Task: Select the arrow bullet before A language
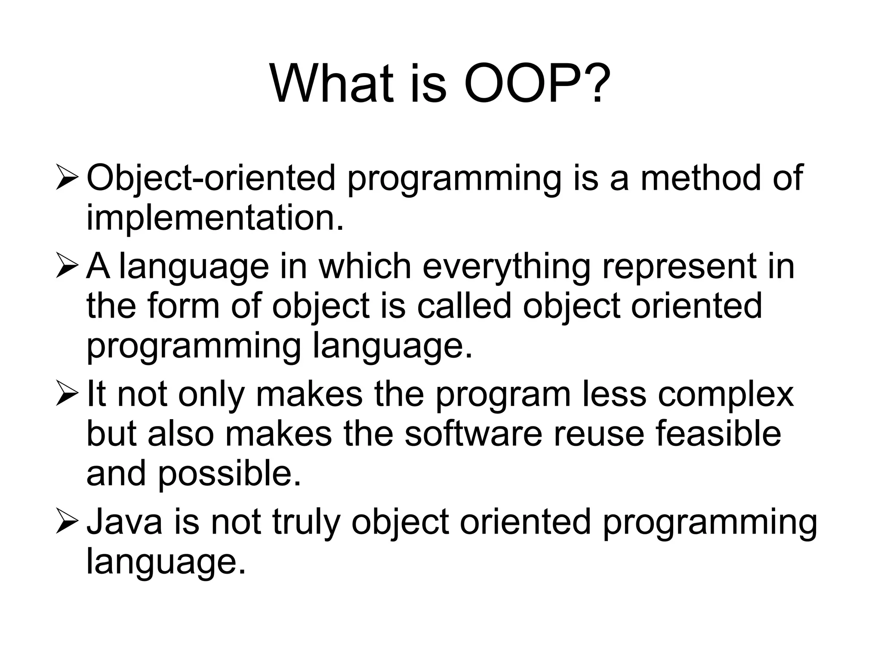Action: [x=67, y=267]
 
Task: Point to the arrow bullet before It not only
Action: [x=67, y=395]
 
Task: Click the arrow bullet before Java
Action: [x=67, y=522]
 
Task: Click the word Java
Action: [x=125, y=522]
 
